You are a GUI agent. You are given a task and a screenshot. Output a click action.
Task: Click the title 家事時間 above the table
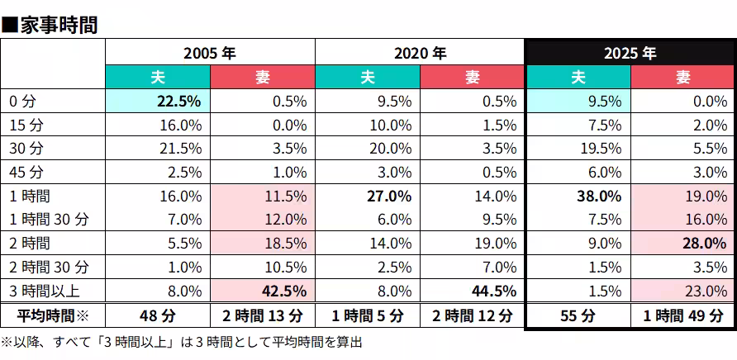tap(56, 23)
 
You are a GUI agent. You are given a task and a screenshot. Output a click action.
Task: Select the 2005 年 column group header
tap(210, 53)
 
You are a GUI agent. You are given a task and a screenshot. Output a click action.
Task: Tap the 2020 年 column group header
tap(420, 53)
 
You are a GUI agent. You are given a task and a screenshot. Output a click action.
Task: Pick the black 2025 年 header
tap(630, 53)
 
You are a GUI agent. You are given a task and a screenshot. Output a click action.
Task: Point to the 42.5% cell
tap(283, 291)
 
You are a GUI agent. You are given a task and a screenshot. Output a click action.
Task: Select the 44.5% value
tap(493, 291)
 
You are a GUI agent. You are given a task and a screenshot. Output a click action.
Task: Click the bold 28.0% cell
tap(703, 244)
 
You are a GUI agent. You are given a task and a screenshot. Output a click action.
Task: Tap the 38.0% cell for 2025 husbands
tap(599, 197)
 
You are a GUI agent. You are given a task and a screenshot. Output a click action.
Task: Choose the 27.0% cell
tap(389, 197)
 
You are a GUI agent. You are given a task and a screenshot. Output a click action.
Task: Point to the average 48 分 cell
tap(158, 315)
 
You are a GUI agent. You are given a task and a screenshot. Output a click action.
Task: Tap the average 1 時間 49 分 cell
tap(682, 315)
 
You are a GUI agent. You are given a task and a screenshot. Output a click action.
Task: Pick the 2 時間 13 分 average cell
tap(263, 315)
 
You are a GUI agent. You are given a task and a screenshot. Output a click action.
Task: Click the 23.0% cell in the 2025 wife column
tap(703, 291)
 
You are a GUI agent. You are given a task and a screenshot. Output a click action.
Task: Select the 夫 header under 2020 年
tap(368, 77)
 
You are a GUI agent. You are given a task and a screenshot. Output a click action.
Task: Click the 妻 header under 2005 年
tap(263, 77)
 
